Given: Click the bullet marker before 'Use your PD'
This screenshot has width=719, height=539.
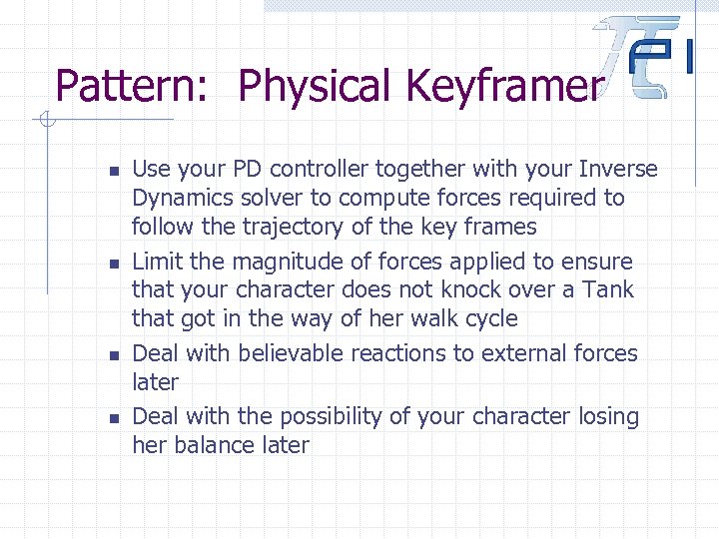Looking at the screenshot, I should pos(116,171).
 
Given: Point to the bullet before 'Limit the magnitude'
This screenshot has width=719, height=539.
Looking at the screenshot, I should pos(116,264).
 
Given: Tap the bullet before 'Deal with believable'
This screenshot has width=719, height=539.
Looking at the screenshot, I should pos(116,355).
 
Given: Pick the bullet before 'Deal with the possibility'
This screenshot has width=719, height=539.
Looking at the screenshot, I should pos(116,417).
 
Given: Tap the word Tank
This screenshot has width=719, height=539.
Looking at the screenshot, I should pos(610,290).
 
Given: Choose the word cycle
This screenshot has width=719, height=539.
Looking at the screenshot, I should pos(490,319).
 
